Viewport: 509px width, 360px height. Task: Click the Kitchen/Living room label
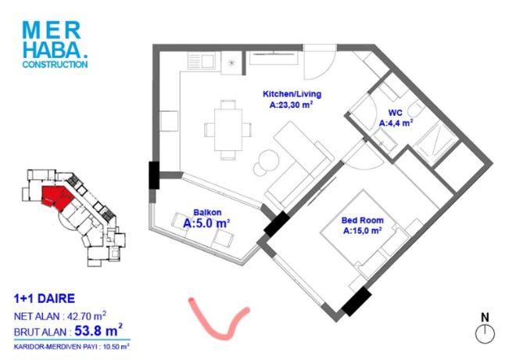click(x=292, y=94)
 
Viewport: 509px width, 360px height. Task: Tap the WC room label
click(x=396, y=113)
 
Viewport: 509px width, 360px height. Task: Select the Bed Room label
click(x=362, y=220)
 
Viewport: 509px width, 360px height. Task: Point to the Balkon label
click(x=207, y=213)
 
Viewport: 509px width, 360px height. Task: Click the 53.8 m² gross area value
click(x=99, y=330)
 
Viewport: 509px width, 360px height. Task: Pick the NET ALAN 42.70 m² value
click(x=87, y=316)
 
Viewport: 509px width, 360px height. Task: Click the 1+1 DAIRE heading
click(x=45, y=299)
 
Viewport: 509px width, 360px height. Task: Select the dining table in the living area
click(x=228, y=130)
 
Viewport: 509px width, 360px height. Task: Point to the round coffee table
click(x=269, y=160)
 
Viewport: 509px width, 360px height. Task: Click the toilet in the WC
click(x=416, y=109)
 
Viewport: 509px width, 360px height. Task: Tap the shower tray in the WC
click(x=437, y=141)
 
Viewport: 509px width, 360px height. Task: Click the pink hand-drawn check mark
click(x=218, y=320)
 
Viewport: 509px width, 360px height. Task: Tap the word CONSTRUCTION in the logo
click(x=55, y=64)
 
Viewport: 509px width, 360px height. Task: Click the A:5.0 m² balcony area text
click(x=206, y=224)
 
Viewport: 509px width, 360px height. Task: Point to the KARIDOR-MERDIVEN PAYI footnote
click(x=71, y=347)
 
